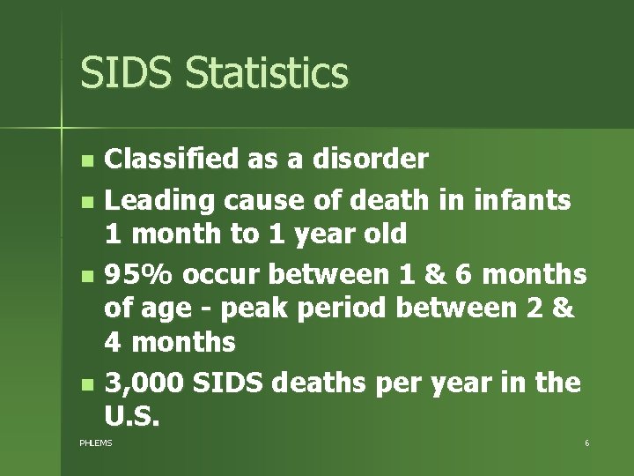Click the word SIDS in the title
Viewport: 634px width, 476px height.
click(122, 73)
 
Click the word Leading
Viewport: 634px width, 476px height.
click(158, 200)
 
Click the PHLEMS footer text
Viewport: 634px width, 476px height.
click(96, 442)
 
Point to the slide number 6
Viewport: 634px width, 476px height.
click(586, 442)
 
